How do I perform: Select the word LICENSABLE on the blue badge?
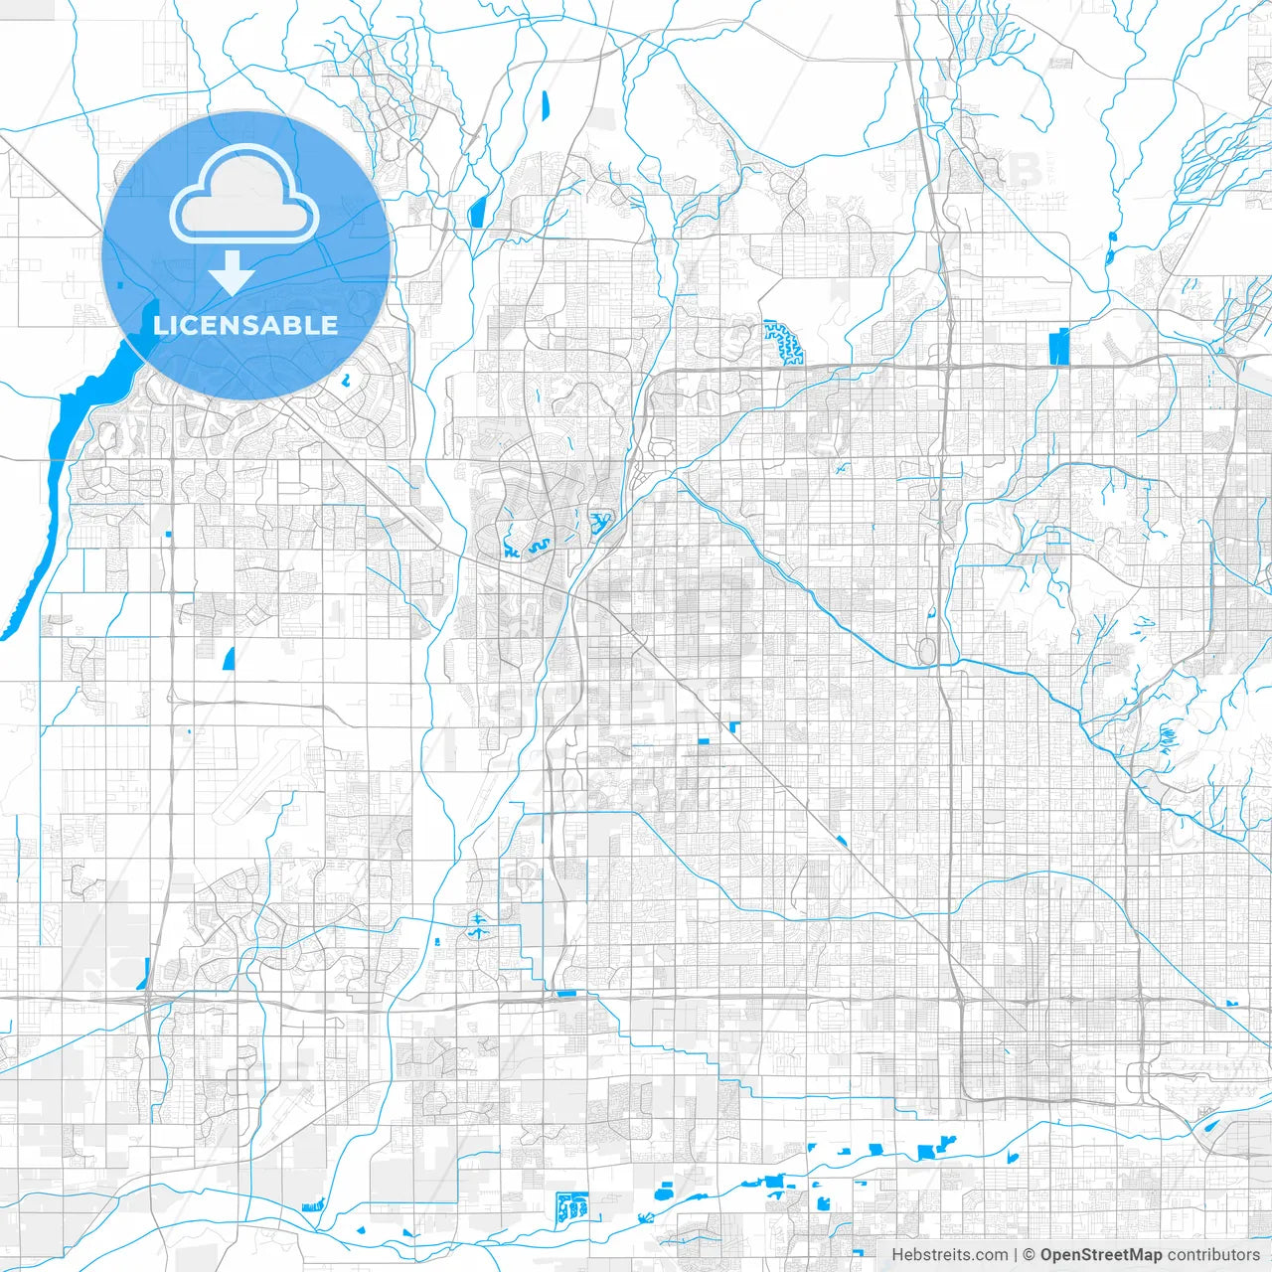245,325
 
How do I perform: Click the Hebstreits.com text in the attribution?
949,1255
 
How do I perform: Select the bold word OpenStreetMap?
1100,1255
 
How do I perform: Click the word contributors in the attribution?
1212,1255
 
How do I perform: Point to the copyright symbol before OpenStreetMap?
1030,1255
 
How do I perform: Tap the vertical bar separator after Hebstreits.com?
1016,1255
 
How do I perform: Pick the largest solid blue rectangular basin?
1057,346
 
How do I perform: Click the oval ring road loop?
927,652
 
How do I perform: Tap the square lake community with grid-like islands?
572,1206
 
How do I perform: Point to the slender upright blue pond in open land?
545,104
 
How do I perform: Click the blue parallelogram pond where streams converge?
477,211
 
